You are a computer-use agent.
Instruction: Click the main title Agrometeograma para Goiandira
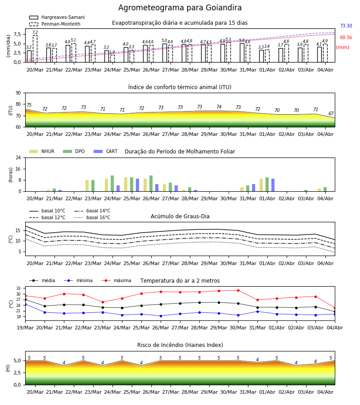point(180,8)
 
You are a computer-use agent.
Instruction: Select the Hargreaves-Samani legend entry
point(57,17)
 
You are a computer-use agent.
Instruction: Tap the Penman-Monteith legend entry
point(55,24)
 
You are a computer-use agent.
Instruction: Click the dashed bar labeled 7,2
point(35,49)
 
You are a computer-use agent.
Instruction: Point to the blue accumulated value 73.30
point(346,26)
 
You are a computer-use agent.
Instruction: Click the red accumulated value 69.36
point(346,37)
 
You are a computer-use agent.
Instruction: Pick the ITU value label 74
point(219,107)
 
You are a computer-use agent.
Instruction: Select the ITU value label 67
point(331,113)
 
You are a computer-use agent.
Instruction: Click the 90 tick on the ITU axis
point(18,93)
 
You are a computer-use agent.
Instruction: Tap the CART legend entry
point(106,151)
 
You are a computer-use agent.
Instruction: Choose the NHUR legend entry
point(42,151)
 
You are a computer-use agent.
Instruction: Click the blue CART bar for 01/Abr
point(273,185)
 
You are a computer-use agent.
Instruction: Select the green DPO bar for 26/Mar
point(151,184)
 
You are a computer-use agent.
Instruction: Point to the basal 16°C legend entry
point(92,217)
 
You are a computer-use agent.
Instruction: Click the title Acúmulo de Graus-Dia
point(180,216)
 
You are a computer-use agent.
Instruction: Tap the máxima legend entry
point(116,280)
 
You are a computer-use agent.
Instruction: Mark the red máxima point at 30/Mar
point(238,290)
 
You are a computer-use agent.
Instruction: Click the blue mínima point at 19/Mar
point(25,304)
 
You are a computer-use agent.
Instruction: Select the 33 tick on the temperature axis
point(18,288)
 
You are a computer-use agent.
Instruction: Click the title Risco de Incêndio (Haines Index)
point(180,345)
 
